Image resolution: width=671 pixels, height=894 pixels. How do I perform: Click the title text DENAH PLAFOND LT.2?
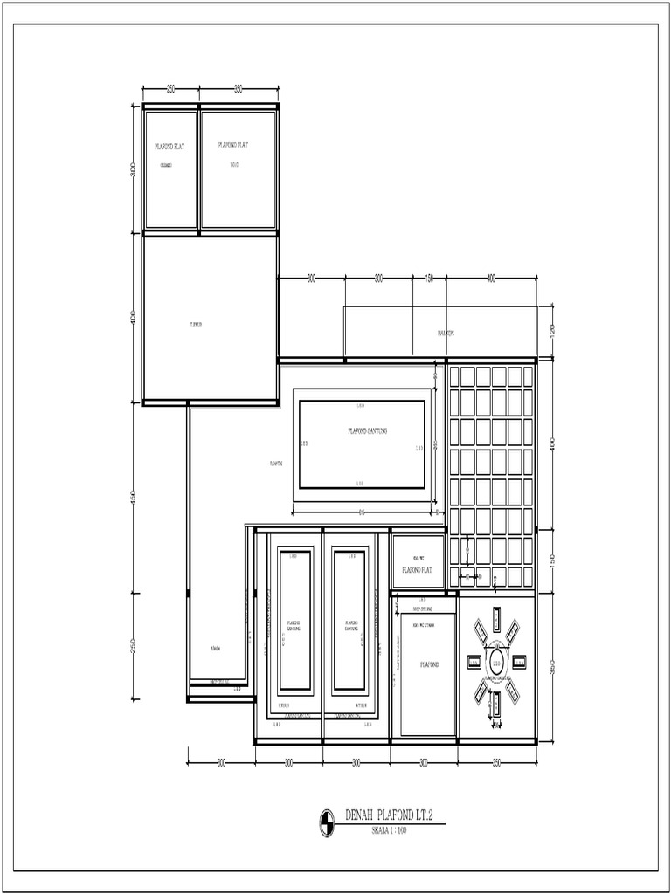[391, 815]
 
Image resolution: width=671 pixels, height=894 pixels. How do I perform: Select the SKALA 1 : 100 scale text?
[390, 829]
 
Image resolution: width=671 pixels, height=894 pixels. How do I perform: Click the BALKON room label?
[446, 334]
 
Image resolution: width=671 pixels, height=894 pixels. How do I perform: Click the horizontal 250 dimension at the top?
[170, 89]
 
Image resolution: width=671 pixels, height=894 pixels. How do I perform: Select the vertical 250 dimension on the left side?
[134, 645]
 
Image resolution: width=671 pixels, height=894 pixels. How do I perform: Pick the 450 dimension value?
[134, 497]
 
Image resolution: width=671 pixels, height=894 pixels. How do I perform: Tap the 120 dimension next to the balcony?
[552, 332]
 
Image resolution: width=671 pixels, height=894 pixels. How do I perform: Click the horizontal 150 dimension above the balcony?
[429, 279]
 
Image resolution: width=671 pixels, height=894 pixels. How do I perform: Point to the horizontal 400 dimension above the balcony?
[491, 279]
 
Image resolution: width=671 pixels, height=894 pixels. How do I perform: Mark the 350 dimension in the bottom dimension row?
[496, 763]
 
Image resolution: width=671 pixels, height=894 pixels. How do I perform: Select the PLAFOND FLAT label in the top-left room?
[169, 147]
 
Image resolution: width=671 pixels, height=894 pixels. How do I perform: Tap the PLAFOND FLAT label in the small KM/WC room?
[418, 569]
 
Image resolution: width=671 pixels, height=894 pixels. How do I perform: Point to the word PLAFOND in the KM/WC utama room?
[428, 664]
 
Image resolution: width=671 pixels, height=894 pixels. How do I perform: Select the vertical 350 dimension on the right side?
[552, 667]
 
